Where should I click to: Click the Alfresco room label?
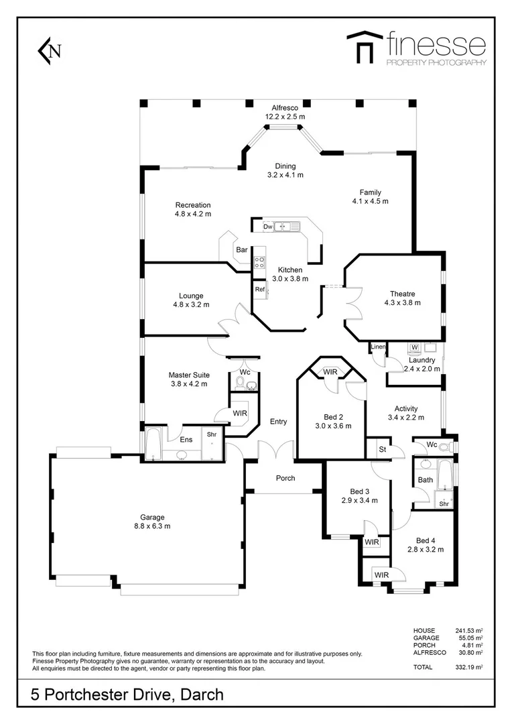click(x=284, y=107)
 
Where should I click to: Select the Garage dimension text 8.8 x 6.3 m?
click(x=152, y=526)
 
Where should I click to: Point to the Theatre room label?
click(x=403, y=294)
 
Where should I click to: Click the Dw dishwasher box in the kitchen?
click(x=268, y=227)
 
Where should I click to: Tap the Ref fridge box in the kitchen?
click(x=259, y=289)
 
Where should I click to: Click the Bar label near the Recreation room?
click(x=241, y=250)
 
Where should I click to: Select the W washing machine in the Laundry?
click(x=415, y=347)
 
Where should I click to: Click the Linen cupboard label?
click(x=378, y=347)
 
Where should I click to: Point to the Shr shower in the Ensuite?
click(x=211, y=434)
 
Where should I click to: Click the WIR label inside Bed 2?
click(x=330, y=371)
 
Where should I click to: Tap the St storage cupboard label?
click(x=383, y=449)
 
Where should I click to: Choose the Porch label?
click(x=285, y=478)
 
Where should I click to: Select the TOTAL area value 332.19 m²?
click(x=469, y=668)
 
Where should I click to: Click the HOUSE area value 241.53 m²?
click(x=469, y=631)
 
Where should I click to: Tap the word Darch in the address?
click(x=202, y=695)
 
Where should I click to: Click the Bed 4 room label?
click(x=426, y=540)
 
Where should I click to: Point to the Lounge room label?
click(x=191, y=296)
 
